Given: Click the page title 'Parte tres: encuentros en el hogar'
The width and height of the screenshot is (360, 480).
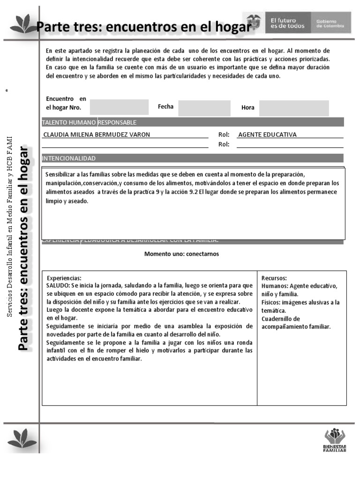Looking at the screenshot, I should pos(143,28).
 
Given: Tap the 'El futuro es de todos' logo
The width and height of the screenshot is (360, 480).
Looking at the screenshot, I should pos(287,23).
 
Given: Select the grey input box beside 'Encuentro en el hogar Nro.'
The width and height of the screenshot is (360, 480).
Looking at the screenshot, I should pos(119,107).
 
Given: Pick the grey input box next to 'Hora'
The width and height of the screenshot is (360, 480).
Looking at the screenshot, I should pos(294,108).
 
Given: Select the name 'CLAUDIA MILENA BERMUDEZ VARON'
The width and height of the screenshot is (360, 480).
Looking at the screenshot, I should pos(97,135).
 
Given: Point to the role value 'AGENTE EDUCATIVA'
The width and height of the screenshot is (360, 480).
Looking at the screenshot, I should pos(267,135).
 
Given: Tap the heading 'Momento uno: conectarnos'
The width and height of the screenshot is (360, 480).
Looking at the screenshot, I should pos(181,254).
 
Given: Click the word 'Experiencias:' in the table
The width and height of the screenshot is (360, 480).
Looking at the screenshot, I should pos(64,278).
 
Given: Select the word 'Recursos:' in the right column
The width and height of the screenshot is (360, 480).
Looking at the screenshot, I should pos(274,278).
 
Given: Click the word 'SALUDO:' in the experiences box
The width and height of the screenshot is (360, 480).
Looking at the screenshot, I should pos(59,285).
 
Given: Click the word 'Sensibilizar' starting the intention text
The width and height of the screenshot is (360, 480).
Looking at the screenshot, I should pos(60,174).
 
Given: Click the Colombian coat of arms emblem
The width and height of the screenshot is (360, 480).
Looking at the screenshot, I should pos(253,23).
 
